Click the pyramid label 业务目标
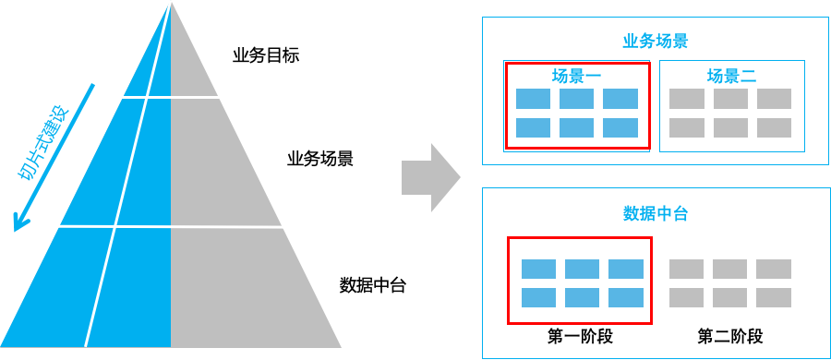pos(266,55)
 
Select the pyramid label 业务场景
pos(320,159)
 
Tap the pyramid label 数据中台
pos(373,285)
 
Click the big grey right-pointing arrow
pos(430,177)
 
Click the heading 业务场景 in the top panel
pos(655,42)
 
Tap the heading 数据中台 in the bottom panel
pos(655,214)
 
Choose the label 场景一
pos(577,76)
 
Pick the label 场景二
pos(731,76)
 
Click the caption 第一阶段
pos(580,336)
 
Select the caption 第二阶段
pos(729,336)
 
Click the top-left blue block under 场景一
pos(533,99)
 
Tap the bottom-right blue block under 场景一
pos(620,128)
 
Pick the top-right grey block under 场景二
pos(774,99)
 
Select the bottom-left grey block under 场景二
pos(686,128)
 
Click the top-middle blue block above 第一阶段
pos(582,269)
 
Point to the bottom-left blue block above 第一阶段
pos(538,297)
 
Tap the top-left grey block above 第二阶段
pos(686,269)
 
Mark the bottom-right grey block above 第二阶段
pos(774,297)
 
